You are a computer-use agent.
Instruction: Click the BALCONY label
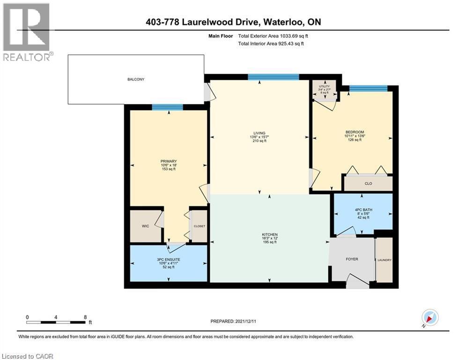pos(136,80)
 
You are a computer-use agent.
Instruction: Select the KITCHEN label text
pos(270,234)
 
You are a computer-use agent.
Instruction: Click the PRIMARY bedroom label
pos(168,161)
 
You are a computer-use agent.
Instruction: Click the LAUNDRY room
pos(385,260)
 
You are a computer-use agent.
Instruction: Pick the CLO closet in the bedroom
pos(368,183)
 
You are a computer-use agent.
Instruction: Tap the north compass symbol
pos(429,317)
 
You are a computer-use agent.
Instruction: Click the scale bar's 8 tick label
pos(85,317)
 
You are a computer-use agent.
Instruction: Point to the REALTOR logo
pos(26,32)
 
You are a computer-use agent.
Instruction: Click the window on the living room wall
pos(274,77)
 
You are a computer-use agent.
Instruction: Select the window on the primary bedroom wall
pos(167,107)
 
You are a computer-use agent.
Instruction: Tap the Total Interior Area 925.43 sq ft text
pos(271,44)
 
